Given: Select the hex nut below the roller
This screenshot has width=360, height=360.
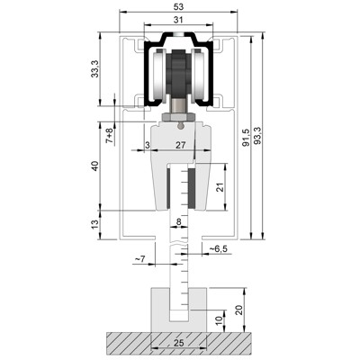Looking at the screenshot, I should (176, 116).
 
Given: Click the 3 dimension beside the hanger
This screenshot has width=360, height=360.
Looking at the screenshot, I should (147, 144).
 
